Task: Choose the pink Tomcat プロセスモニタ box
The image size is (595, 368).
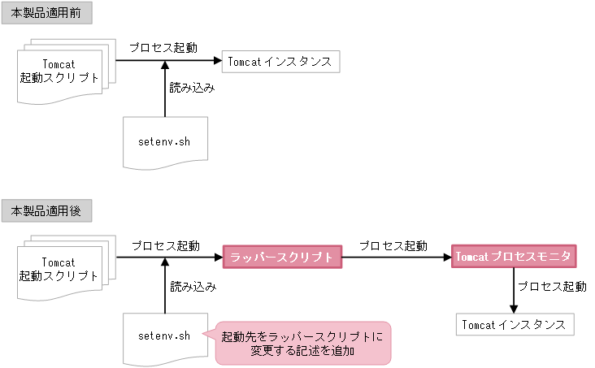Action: (514, 257)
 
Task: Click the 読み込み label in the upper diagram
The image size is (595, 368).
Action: (192, 88)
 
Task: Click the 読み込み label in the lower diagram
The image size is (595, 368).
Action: (193, 286)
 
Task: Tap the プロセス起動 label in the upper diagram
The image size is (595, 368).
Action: (163, 47)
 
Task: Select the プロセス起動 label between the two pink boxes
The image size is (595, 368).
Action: (393, 245)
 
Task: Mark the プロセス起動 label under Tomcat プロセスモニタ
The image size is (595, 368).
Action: (552, 287)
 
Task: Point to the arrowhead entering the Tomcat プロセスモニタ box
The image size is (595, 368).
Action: (448, 258)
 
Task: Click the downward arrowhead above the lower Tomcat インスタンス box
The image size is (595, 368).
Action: (514, 308)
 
